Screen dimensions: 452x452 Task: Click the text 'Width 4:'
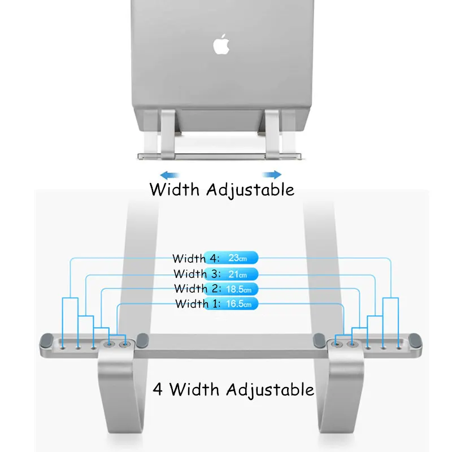(189, 259)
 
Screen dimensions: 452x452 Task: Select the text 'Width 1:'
(192, 304)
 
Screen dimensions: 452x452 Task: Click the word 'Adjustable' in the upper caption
(250, 190)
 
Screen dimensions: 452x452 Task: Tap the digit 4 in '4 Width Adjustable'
(159, 389)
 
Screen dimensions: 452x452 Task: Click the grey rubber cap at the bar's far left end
(46, 341)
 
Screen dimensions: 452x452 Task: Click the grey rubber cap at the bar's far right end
(416, 341)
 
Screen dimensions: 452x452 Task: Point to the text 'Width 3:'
(190, 274)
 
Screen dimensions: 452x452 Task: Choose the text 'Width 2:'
(191, 289)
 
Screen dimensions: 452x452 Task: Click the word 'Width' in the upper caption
(175, 189)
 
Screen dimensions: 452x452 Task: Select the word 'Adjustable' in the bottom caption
(270, 390)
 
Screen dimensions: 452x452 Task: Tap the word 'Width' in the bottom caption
(195, 389)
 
